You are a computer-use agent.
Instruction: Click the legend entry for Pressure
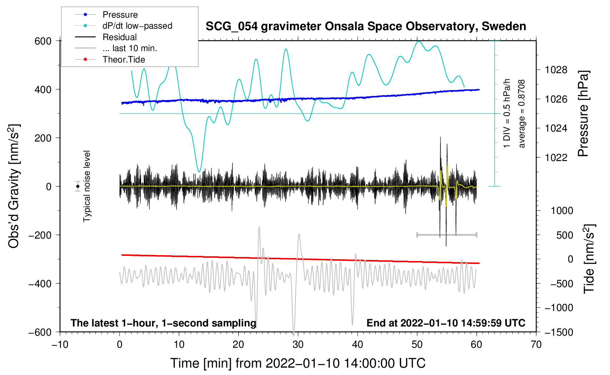click(x=120, y=15)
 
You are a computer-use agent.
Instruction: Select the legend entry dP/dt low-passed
click(x=137, y=26)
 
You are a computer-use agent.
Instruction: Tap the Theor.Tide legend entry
click(x=123, y=60)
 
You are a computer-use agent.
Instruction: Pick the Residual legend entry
click(x=119, y=37)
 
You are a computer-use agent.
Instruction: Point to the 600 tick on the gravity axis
click(x=43, y=41)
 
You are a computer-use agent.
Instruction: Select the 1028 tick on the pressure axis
click(x=556, y=70)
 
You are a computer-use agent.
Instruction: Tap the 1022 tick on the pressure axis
click(x=556, y=158)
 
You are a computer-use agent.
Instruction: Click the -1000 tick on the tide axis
click(x=559, y=308)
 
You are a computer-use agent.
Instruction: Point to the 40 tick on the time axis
click(x=358, y=344)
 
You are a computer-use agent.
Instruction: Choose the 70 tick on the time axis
click(x=536, y=344)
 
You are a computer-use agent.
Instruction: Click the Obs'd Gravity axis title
click(x=14, y=186)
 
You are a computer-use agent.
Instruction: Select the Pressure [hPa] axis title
click(x=584, y=114)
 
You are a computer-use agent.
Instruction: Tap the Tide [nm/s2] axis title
click(x=589, y=259)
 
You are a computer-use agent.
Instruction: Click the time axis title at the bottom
click(x=298, y=363)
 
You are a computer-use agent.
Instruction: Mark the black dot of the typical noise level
click(x=78, y=186)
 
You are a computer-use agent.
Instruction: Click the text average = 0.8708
click(x=522, y=114)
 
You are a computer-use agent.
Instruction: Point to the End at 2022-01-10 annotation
click(x=446, y=323)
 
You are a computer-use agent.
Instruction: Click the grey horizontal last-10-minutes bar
click(x=446, y=235)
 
